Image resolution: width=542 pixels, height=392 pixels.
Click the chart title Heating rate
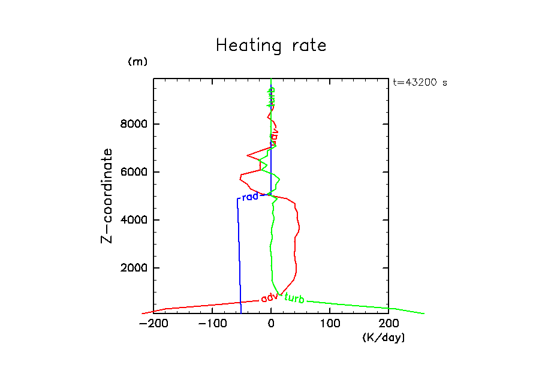pyautogui.click(x=271, y=46)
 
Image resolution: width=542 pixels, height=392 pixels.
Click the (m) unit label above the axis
pyautogui.click(x=137, y=62)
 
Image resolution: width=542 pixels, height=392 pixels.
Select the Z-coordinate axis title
pyautogui.click(x=107, y=195)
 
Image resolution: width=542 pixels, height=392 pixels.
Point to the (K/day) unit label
pyautogui.click(x=384, y=338)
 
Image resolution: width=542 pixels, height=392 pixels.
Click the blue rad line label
pyautogui.click(x=250, y=197)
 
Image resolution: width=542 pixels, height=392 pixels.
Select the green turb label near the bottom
pyautogui.click(x=294, y=298)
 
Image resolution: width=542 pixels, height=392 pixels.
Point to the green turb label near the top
pyautogui.click(x=271, y=97)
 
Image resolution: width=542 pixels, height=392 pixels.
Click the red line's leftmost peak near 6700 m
pyautogui.click(x=248, y=155)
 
